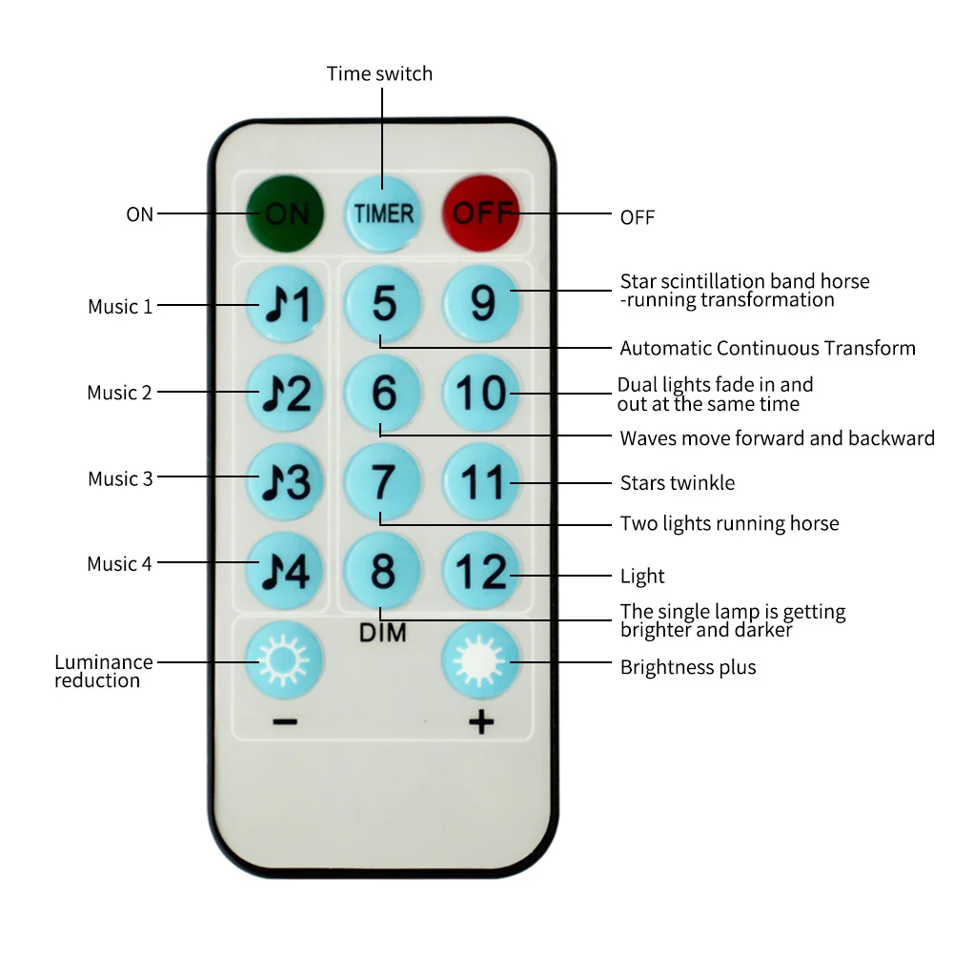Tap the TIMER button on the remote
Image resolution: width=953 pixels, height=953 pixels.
click(384, 213)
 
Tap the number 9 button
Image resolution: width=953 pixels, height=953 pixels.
click(483, 304)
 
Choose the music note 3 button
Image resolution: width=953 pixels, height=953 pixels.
click(285, 482)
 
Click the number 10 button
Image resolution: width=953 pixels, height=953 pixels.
click(483, 393)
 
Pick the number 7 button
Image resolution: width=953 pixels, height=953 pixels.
click(383, 482)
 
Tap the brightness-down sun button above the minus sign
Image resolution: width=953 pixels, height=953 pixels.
click(283, 660)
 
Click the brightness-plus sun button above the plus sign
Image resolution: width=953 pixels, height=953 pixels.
click(482, 660)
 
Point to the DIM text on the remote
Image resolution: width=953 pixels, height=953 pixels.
click(383, 632)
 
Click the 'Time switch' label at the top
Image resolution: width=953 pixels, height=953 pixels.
click(379, 73)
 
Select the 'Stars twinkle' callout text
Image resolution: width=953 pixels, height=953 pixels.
click(678, 483)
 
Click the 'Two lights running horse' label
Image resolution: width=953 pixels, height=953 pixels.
click(729, 523)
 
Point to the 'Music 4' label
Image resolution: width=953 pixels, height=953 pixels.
click(119, 564)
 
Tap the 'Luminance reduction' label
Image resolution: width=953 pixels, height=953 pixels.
click(103, 671)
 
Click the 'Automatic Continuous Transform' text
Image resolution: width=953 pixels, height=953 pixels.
click(767, 348)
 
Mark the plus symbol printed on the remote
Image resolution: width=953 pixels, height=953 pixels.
click(482, 722)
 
